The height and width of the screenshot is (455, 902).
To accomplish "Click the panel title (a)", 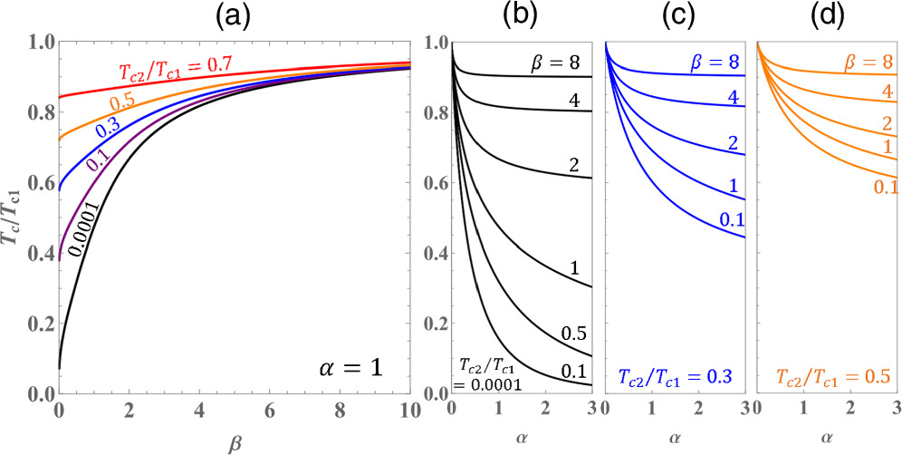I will point(235,15).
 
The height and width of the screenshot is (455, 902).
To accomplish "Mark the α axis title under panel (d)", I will point(828,438).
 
